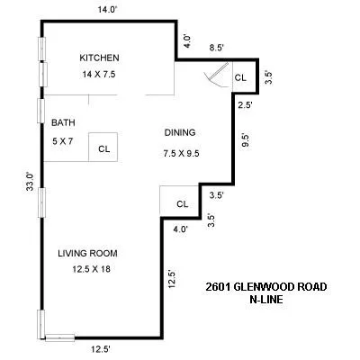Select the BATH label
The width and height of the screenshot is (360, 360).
pos(63,122)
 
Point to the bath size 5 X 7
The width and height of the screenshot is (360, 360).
pos(63,139)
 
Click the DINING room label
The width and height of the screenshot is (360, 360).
pos(179,132)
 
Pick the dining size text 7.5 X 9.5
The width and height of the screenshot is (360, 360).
pos(180,152)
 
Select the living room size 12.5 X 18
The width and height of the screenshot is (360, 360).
pos(87,269)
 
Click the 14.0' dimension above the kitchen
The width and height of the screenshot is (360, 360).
pos(108,10)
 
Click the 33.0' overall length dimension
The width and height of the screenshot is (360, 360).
pos(30,183)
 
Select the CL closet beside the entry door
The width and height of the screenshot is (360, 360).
pos(240,78)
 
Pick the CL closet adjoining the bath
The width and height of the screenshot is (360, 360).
pos(104,148)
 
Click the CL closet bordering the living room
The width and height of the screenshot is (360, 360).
pos(181,203)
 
